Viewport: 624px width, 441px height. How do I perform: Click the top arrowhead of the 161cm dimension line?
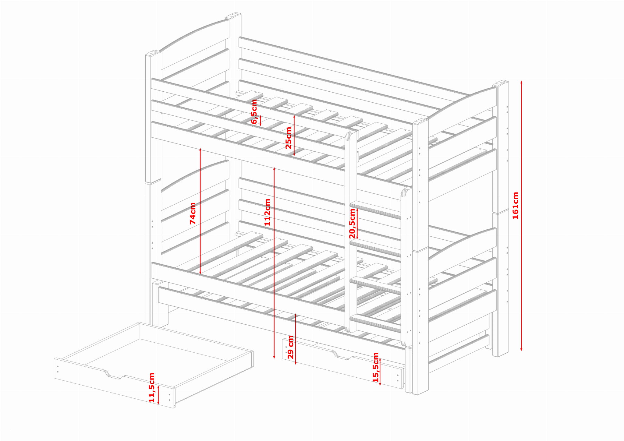tap(521, 81)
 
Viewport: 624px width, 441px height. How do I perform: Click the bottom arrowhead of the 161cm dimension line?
tap(521, 351)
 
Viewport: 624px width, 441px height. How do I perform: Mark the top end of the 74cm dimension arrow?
tap(200, 148)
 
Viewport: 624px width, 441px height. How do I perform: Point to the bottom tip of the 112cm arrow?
tap(274, 358)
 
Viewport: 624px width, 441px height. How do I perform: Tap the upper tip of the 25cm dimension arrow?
tap(294, 115)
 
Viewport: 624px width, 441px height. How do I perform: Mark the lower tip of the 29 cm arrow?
tap(296, 364)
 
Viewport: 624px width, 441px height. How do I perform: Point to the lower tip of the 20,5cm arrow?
tap(357, 238)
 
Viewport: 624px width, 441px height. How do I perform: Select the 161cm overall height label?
tap(515, 205)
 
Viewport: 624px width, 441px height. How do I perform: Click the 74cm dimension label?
tap(193, 213)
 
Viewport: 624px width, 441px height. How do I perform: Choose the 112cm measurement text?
tap(267, 212)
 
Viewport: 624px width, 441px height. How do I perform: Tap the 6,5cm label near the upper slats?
tap(254, 112)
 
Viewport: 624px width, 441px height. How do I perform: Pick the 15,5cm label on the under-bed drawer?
tap(376, 367)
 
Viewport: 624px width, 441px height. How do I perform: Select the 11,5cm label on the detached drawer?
tap(152, 387)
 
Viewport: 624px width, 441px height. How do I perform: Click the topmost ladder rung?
tap(375, 210)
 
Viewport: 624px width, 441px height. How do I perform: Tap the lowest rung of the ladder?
tap(375, 323)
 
